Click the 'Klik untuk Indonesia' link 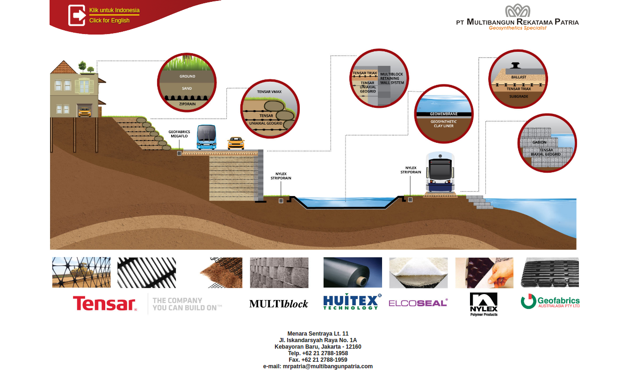click(x=114, y=10)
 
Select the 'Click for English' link click(x=109, y=21)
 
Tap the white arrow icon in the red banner click(x=77, y=15)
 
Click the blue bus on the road click(x=206, y=137)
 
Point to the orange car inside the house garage click(x=85, y=112)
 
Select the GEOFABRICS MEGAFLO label click(x=179, y=134)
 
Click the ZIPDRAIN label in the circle click(x=188, y=104)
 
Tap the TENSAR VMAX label click(x=269, y=92)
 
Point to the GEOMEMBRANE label click(x=443, y=114)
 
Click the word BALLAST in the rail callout click(x=519, y=77)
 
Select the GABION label click(x=539, y=142)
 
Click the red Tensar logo click(x=105, y=303)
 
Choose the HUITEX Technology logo click(x=352, y=302)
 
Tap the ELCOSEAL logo click(x=418, y=303)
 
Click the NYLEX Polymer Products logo click(x=484, y=304)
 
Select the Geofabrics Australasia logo click(x=550, y=302)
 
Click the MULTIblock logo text click(x=279, y=304)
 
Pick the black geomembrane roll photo click(x=353, y=273)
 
